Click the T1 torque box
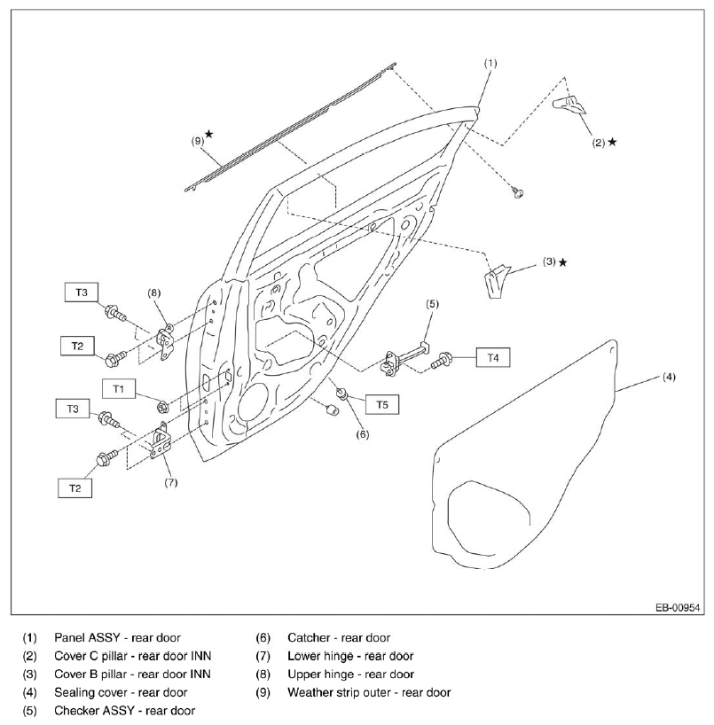coord(119,389)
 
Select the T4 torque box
coord(493,357)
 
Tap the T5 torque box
coord(381,404)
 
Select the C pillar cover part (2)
coord(569,105)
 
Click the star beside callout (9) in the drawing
coord(209,134)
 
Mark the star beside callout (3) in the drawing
coord(562,262)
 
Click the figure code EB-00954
coord(678,607)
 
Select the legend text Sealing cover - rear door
coord(121,692)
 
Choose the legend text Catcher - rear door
coord(339,637)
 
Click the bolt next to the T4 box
coord(442,360)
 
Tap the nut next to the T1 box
coord(162,408)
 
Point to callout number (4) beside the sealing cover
coord(669,377)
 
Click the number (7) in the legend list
coord(263,656)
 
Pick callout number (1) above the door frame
coord(490,63)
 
